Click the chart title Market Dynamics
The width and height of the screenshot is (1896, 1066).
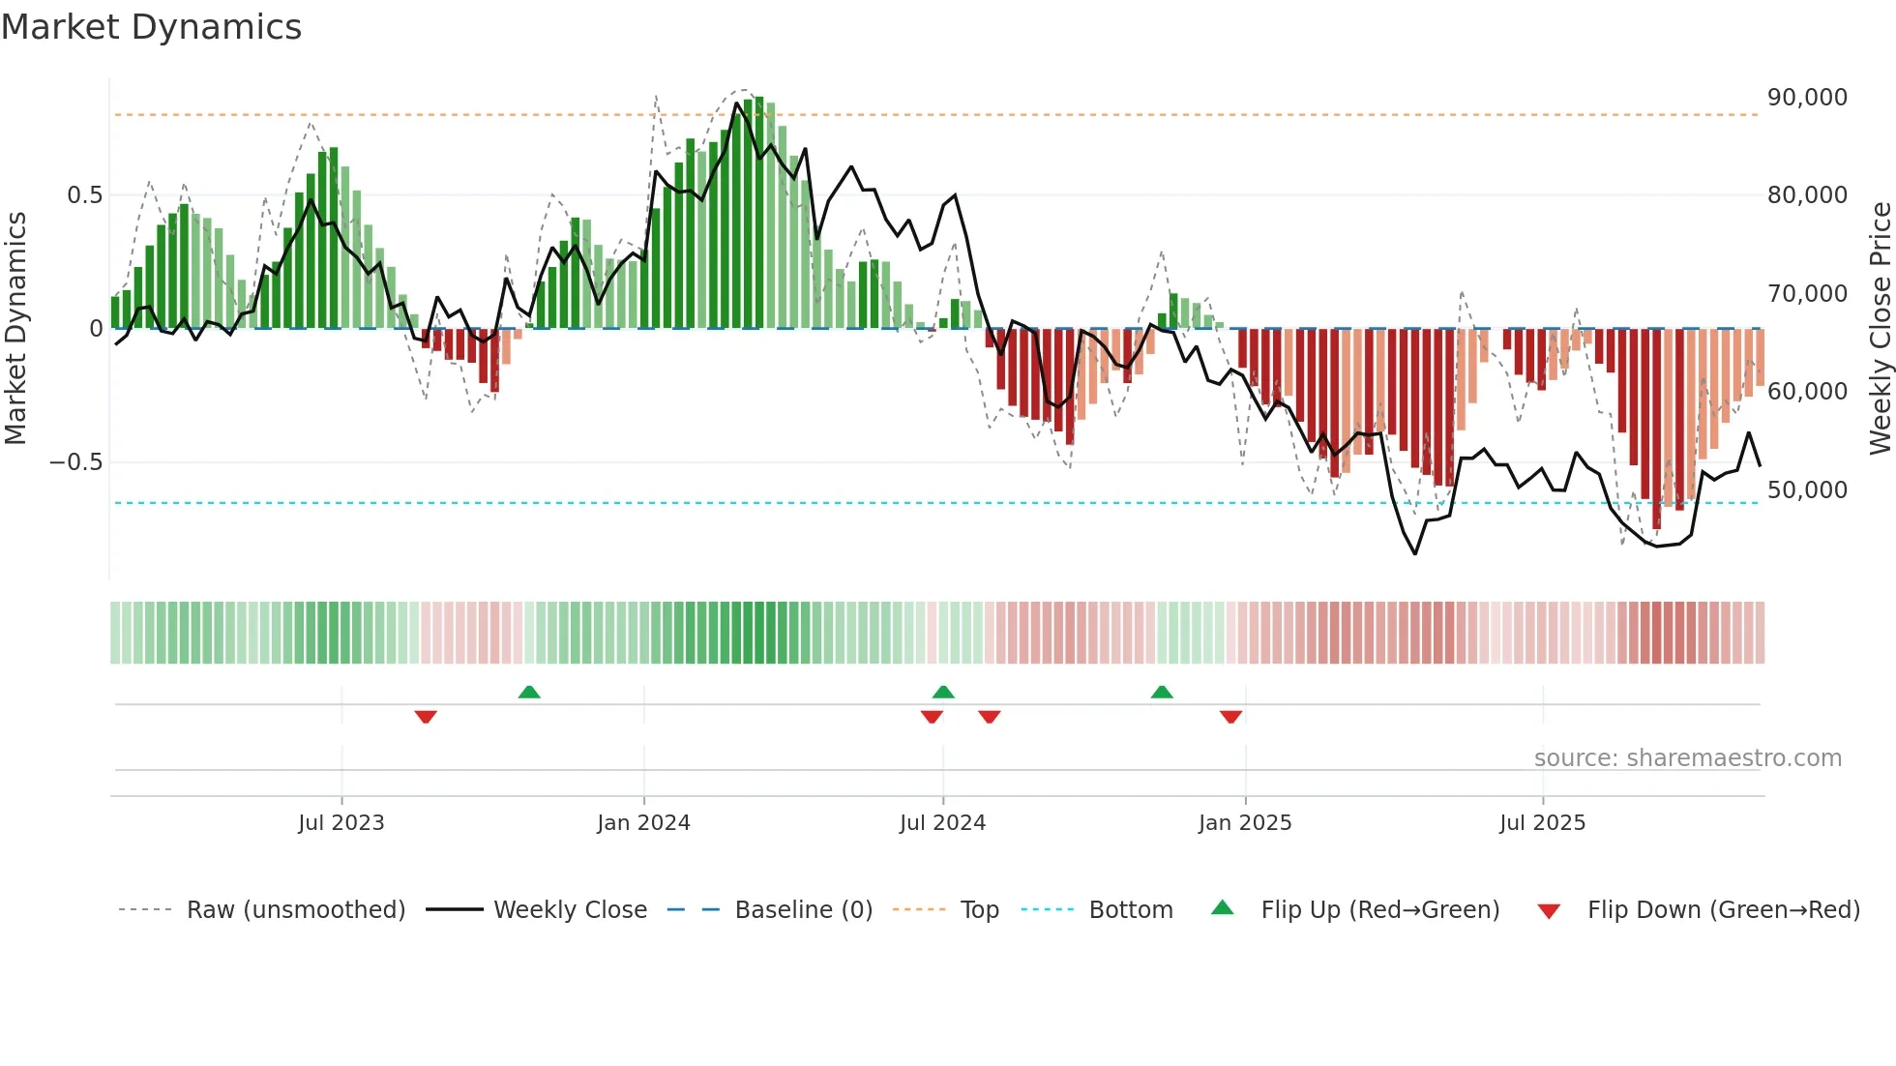pyautogui.click(x=151, y=27)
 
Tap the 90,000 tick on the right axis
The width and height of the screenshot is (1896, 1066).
pyautogui.click(x=1806, y=98)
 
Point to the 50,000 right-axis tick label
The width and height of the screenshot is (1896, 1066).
pyautogui.click(x=1806, y=490)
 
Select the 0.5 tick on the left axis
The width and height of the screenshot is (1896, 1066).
pyautogui.click(x=84, y=195)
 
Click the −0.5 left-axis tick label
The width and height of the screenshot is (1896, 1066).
pyautogui.click(x=76, y=462)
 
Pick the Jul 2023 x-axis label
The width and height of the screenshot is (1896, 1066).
pyautogui.click(x=341, y=823)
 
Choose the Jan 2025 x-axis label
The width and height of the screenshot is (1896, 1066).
pyautogui.click(x=1244, y=823)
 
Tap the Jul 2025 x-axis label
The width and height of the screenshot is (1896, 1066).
pyautogui.click(x=1542, y=823)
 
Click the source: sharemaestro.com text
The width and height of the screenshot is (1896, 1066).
pyautogui.click(x=1687, y=758)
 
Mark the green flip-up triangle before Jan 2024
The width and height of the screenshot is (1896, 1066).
pyautogui.click(x=529, y=693)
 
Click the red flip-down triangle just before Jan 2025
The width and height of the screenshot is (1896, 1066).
pyautogui.click(x=1230, y=717)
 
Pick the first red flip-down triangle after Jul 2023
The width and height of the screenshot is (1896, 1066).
pyautogui.click(x=426, y=717)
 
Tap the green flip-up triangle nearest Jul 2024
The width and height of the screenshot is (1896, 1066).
pyautogui.click(x=943, y=693)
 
